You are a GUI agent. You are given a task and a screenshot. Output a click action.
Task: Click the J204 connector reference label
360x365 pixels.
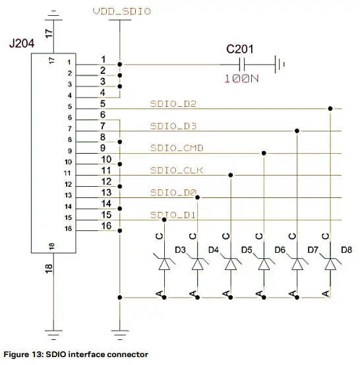[x=22, y=44]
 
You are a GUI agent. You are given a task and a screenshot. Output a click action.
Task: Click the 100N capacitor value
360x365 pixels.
[x=240, y=78]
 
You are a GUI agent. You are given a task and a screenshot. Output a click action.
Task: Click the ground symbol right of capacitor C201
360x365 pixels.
[x=280, y=64]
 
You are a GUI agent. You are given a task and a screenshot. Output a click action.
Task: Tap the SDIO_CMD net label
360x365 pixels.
[x=172, y=148]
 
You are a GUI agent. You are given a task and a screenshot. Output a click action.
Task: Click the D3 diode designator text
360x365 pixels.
[x=180, y=249]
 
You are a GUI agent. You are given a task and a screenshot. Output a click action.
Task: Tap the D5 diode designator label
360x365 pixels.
[x=247, y=249]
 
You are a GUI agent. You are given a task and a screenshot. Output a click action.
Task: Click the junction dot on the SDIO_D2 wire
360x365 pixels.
[x=328, y=108]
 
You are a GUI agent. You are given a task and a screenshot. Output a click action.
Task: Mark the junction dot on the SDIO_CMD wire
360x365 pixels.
[x=264, y=153]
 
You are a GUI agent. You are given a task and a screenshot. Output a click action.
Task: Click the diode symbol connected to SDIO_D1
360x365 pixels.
[x=164, y=264]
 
